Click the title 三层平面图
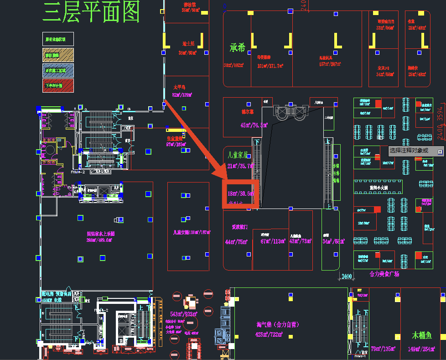point(91,12)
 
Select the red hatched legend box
point(58,85)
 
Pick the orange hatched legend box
point(58,55)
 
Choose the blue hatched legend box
point(58,70)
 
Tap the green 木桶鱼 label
point(422,335)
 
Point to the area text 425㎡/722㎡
point(269,335)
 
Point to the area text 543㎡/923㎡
point(183,314)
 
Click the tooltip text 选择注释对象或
point(409,150)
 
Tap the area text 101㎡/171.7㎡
point(270,66)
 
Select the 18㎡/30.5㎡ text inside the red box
point(240,193)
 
